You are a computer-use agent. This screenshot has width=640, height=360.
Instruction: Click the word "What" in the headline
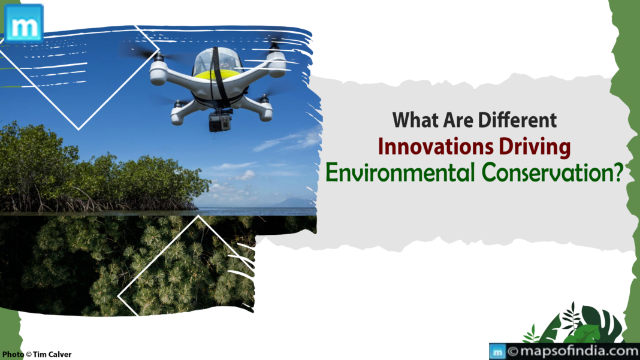click(412, 120)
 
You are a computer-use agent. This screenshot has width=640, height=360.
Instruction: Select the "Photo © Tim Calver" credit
click(37, 355)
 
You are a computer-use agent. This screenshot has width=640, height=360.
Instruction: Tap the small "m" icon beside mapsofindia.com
click(497, 352)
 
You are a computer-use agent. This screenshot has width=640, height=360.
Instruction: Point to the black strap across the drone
click(219, 84)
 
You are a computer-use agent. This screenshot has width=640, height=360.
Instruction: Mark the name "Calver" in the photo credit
click(60, 355)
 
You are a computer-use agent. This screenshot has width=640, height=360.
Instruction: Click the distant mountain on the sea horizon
click(294, 203)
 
